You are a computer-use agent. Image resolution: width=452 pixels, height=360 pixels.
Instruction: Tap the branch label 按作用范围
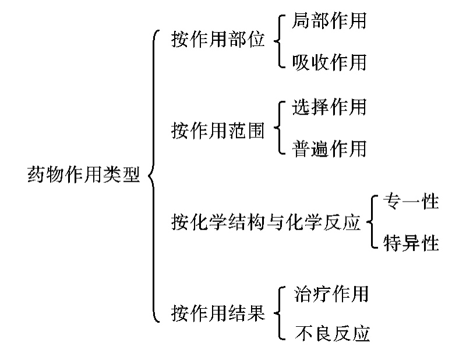point(218,130)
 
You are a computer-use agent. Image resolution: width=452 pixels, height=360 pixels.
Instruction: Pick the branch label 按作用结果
point(218,313)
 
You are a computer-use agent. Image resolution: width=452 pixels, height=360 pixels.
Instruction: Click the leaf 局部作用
point(330,22)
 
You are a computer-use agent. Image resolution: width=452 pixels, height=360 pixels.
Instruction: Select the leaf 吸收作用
point(330,61)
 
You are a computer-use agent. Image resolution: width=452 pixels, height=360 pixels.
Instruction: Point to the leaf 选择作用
point(330,107)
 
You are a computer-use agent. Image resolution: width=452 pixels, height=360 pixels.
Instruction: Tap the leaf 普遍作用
point(330,148)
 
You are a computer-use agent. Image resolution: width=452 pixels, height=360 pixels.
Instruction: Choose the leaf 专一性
point(411,202)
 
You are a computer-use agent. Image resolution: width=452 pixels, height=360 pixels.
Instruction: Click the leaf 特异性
point(411,242)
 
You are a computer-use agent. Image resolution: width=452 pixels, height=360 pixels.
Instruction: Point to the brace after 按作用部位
point(280,41)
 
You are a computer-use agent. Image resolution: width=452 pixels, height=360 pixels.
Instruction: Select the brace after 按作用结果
point(280,313)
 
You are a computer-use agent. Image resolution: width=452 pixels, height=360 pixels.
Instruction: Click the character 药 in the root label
point(36,174)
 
